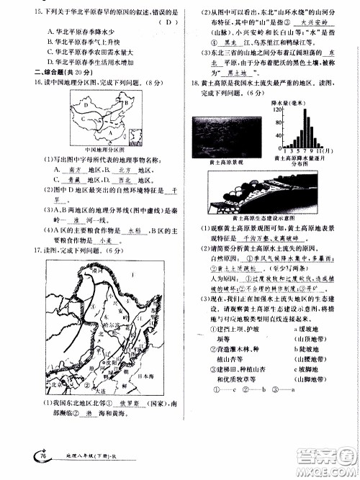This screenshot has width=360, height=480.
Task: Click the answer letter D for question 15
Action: (167, 22)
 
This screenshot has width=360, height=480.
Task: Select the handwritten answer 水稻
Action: (133, 230)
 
